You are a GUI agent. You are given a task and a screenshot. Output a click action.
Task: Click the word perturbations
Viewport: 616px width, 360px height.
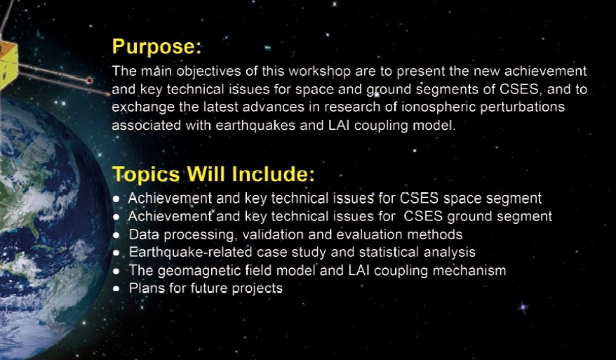pyautogui.click(x=523, y=107)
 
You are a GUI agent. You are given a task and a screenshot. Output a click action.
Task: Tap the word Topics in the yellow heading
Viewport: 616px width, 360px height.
pyautogui.click(x=146, y=175)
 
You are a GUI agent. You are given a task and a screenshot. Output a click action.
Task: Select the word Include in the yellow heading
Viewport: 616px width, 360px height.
pyautogui.click(x=273, y=174)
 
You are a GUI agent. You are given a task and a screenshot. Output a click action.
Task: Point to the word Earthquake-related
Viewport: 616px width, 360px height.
pyautogui.click(x=190, y=253)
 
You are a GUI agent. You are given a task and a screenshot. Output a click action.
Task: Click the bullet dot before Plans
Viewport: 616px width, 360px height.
pyautogui.click(x=116, y=289)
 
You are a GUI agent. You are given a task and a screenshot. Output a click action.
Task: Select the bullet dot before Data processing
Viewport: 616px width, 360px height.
pyautogui.click(x=116, y=235)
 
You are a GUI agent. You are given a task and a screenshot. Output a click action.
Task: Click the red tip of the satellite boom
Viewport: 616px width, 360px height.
pyautogui.click(x=90, y=80)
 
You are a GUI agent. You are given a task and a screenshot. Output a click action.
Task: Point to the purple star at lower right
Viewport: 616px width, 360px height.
pyautogui.click(x=523, y=307)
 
